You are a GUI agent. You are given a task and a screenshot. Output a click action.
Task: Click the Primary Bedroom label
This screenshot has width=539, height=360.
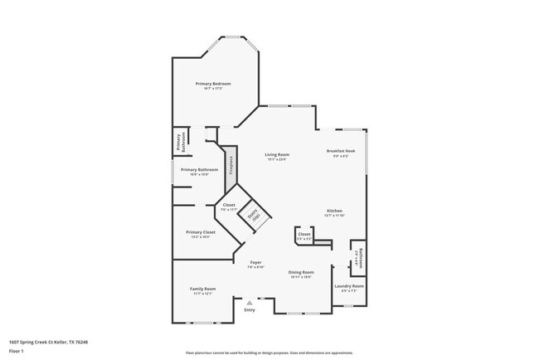click(213, 84)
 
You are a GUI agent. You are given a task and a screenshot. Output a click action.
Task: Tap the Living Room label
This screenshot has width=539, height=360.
click(277, 155)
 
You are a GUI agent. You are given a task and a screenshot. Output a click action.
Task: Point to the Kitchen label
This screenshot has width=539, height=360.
click(334, 211)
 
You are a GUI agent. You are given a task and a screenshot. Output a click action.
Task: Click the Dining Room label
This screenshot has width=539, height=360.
click(301, 272)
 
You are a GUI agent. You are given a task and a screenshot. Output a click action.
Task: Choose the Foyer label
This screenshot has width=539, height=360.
click(255, 263)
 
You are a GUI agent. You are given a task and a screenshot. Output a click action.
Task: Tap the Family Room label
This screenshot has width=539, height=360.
click(203, 289)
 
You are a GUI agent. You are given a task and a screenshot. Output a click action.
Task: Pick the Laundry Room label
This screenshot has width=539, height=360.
click(350, 286)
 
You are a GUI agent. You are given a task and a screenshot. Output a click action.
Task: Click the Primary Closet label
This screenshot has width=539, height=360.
click(201, 232)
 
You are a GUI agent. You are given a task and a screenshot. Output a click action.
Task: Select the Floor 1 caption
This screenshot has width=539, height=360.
click(16, 351)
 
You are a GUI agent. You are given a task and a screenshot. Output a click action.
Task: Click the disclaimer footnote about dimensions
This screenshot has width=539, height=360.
click(269, 353)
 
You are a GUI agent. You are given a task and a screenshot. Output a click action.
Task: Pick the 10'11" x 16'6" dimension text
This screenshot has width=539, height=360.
click(301, 277)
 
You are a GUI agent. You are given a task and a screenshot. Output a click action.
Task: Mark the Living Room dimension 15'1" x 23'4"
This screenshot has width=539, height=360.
click(277, 159)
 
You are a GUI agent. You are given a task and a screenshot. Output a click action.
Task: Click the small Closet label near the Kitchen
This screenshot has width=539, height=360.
click(304, 234)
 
